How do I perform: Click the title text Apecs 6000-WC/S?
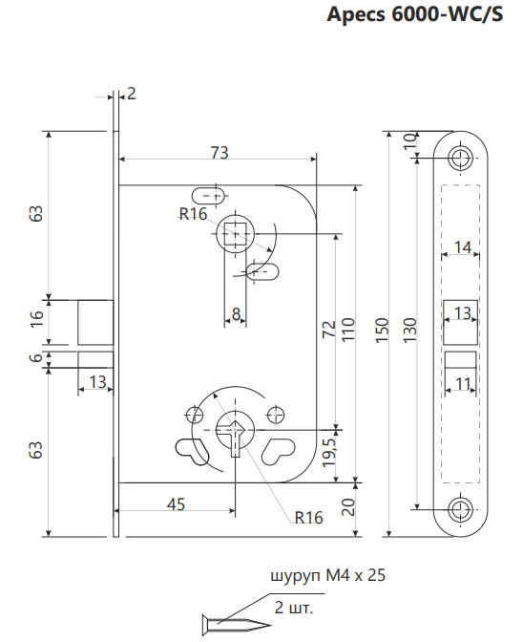coord(414,14)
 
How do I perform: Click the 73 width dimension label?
coord(220,152)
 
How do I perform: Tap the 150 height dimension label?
coord(381,330)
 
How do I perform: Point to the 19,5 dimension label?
coord(328,452)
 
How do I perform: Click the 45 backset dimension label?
coord(176,504)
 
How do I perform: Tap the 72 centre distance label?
coord(328,329)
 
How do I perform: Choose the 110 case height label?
coord(347,330)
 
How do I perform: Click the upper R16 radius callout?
coord(194,214)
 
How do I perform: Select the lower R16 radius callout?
coord(308,518)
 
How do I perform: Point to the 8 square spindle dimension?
coord(236,314)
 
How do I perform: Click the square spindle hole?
coord(236,234)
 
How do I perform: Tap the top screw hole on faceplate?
coord(460,157)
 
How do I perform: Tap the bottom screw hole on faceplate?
coord(460,509)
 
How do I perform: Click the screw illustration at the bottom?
coord(237,625)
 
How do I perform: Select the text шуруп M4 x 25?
coord(328,576)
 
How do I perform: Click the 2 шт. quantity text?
coord(294,608)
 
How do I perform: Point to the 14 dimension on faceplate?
coord(463,246)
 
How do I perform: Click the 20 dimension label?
coord(347,507)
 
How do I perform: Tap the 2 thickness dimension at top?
coord(131,94)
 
